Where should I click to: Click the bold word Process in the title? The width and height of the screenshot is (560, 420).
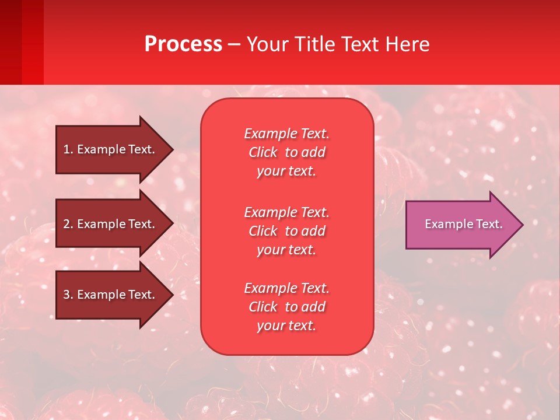pyautogui.click(x=183, y=44)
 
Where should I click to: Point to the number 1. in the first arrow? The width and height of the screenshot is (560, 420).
pyautogui.click(x=68, y=149)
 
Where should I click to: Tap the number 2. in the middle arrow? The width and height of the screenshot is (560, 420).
pyautogui.click(x=68, y=224)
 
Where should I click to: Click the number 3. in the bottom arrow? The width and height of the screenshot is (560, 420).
pyautogui.click(x=68, y=295)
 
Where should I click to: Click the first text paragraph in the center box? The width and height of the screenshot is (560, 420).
pyautogui.click(x=286, y=152)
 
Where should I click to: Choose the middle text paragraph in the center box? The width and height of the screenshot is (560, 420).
pyautogui.click(x=286, y=231)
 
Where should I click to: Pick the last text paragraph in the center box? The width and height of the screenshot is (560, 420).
pyautogui.click(x=286, y=307)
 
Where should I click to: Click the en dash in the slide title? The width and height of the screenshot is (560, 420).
pyautogui.click(x=235, y=45)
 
